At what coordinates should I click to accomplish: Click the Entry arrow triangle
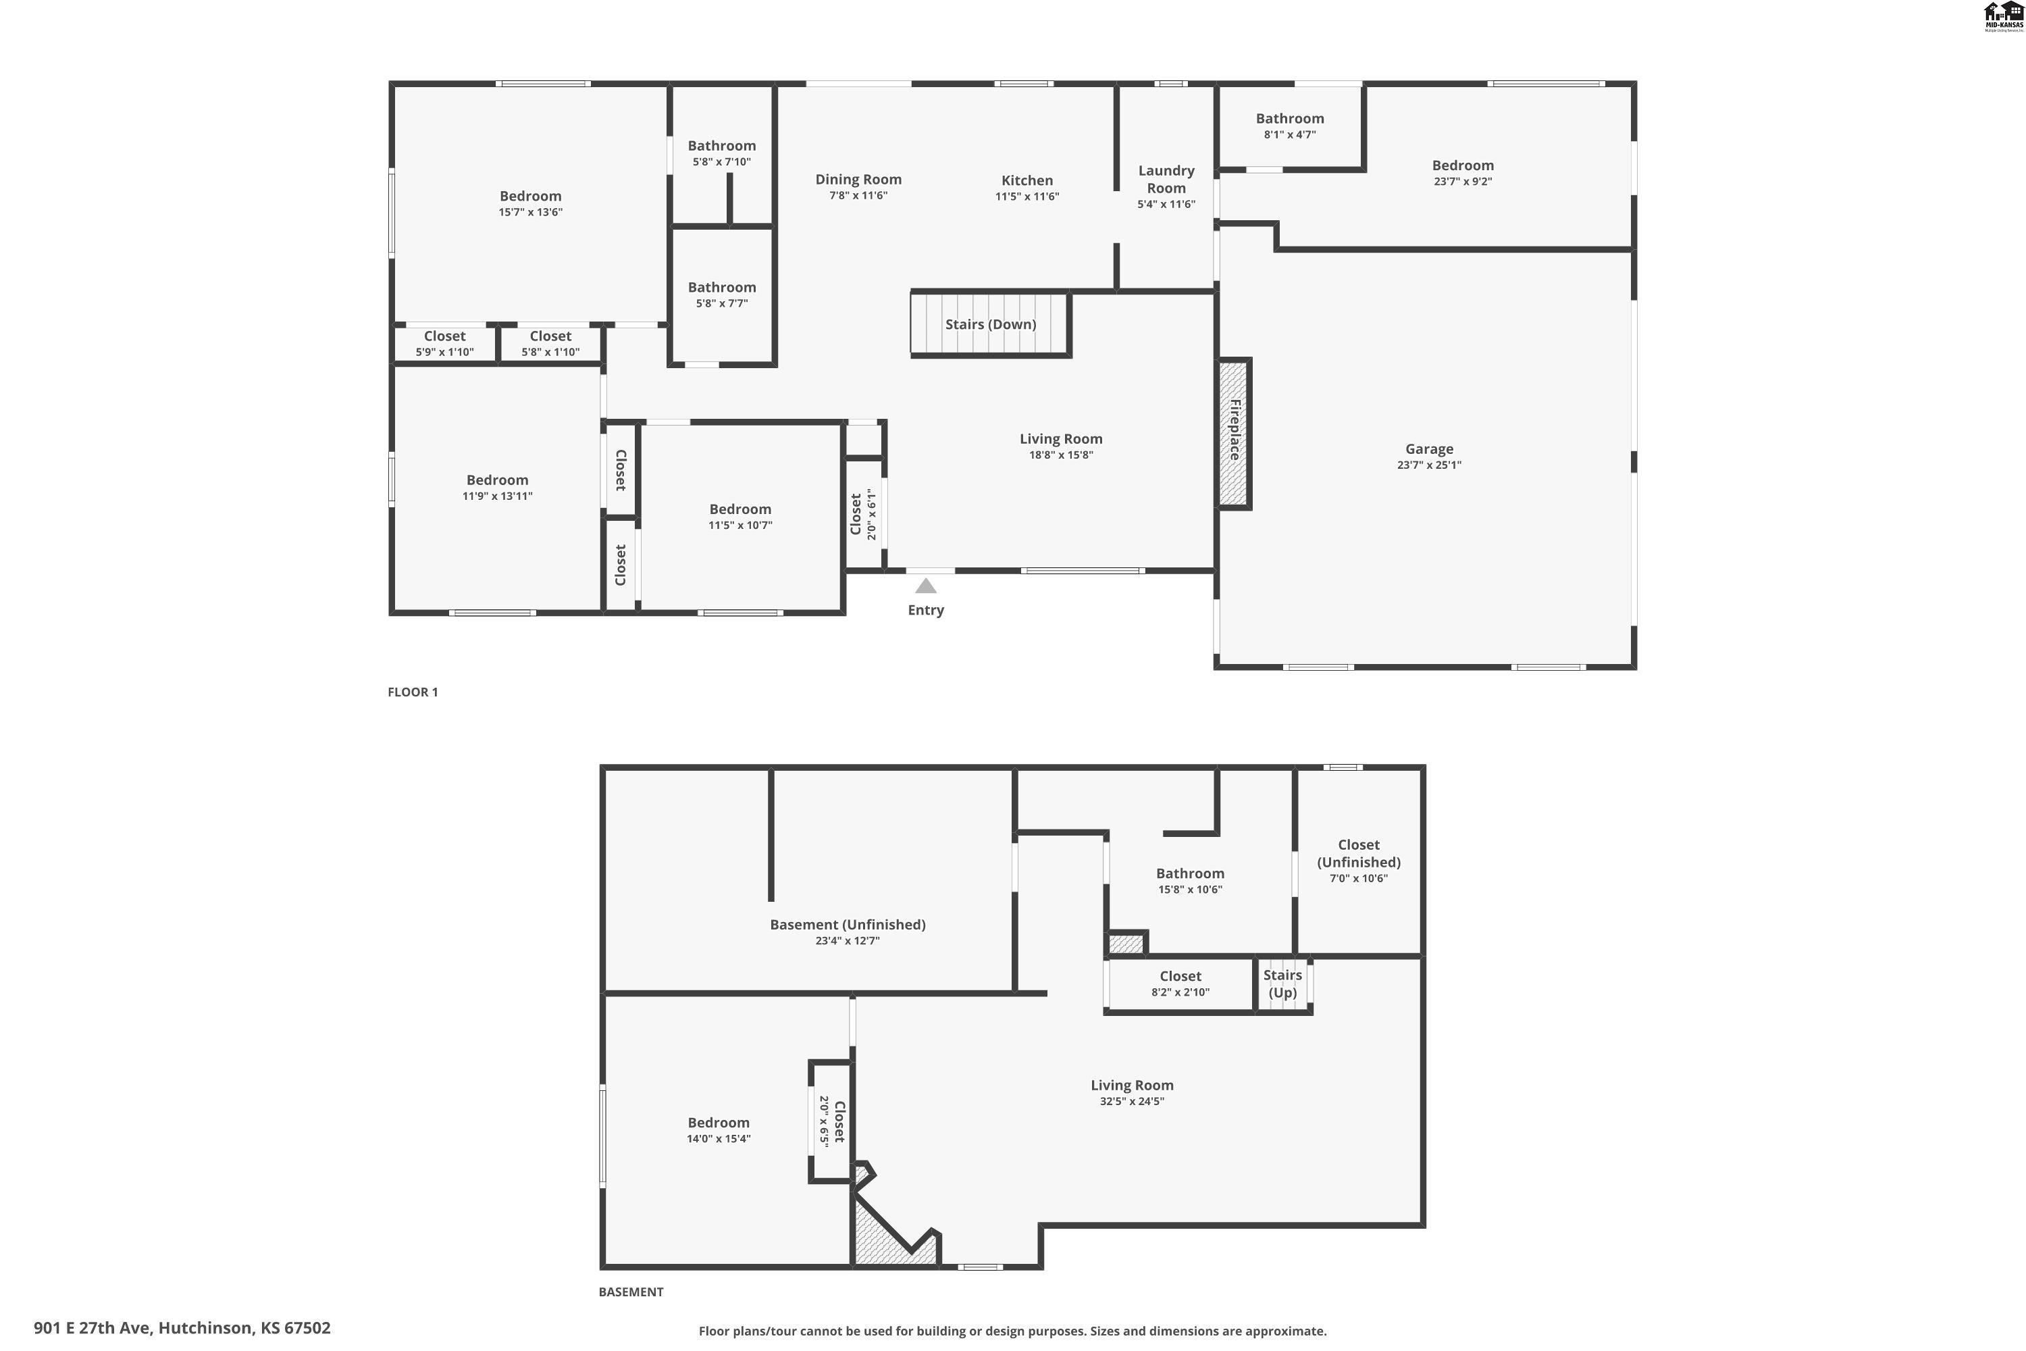925,586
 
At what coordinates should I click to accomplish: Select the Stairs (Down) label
991,324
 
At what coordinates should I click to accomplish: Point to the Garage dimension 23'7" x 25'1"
1429,465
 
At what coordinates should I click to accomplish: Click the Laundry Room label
1166,179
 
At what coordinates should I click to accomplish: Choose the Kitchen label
1027,180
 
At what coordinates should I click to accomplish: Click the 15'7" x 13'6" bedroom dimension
531,212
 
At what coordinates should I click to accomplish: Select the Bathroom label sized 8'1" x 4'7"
1289,119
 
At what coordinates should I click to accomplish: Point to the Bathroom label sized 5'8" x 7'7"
722,288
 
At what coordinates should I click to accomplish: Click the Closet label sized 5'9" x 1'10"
444,336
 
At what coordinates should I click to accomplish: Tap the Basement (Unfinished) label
848,925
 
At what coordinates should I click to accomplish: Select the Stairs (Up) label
1282,983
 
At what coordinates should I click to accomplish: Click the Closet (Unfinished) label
1358,853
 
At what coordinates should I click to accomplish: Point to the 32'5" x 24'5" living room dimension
1132,1101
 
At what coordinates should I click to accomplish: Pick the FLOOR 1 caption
413,692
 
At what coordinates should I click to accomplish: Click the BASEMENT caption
631,1292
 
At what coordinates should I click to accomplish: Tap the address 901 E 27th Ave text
182,1328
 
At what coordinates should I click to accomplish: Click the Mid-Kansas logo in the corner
2004,16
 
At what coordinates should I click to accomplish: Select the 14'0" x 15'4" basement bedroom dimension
719,1139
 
